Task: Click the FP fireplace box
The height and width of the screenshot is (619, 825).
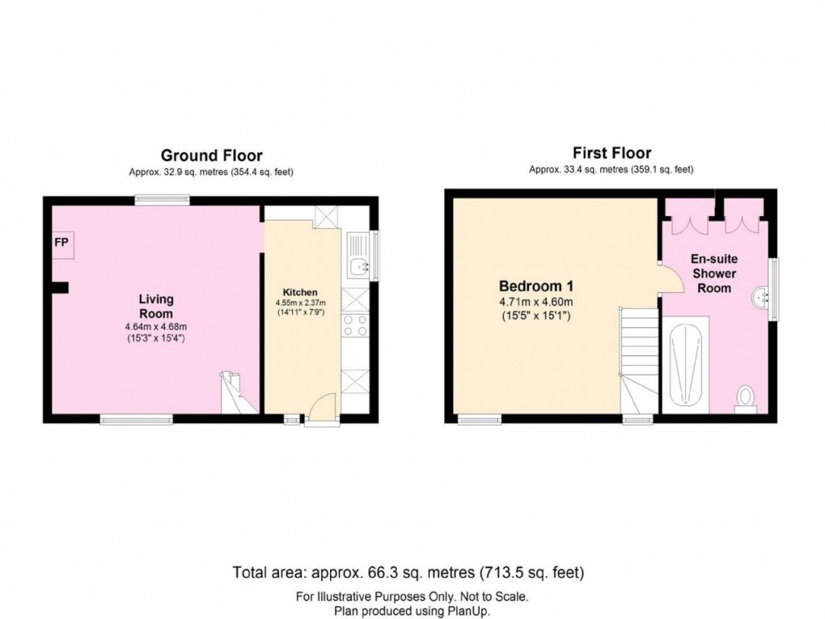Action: click(62, 244)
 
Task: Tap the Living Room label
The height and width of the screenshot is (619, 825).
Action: click(156, 307)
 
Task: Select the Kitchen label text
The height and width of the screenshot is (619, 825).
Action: click(300, 293)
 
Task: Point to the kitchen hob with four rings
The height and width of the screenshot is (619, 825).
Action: click(355, 325)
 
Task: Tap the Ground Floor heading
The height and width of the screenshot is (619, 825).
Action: click(212, 155)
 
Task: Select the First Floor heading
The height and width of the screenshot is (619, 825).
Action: click(612, 153)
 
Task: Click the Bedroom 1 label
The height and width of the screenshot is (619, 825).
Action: click(536, 286)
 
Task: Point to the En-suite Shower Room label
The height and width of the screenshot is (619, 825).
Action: click(714, 273)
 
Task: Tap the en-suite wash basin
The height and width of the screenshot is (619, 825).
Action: click(759, 299)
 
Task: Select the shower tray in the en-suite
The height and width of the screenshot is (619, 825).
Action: click(685, 365)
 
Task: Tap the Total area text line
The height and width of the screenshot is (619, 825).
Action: click(408, 572)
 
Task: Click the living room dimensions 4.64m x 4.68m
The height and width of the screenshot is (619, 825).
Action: click(156, 327)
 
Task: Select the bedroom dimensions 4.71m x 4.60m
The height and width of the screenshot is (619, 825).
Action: click(536, 302)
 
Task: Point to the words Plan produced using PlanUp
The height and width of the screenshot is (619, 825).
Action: click(412, 611)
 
